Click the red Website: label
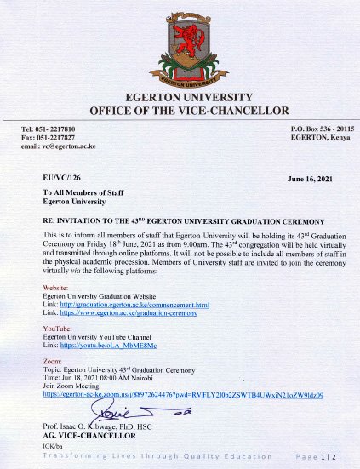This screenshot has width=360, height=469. pos(56,289)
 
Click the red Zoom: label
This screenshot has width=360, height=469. pos(53,359)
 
